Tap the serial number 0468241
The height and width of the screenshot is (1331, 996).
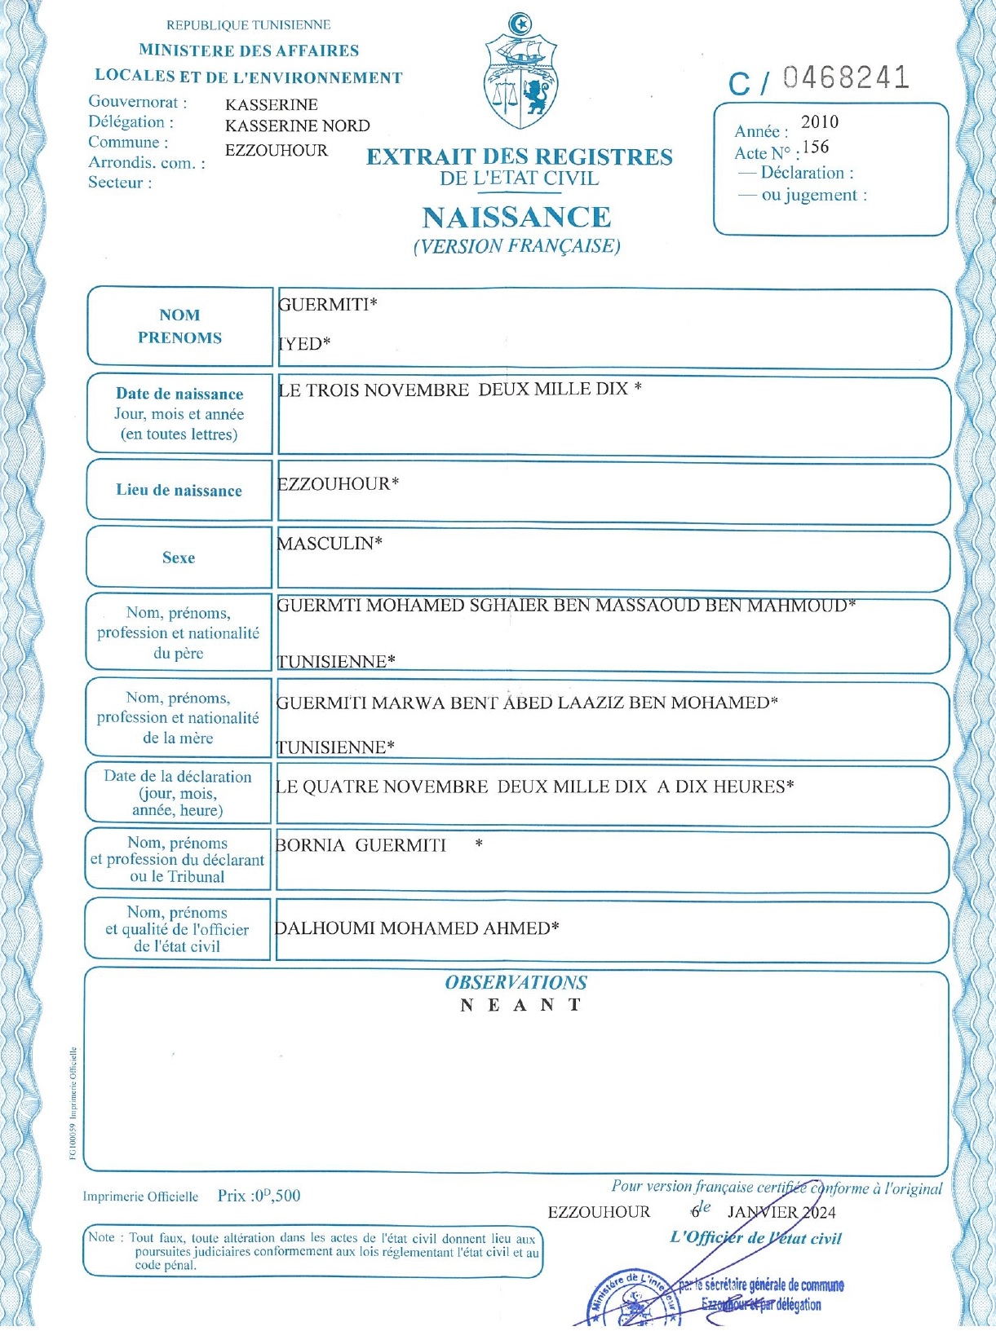tap(846, 78)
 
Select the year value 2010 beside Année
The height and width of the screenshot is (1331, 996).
tap(819, 122)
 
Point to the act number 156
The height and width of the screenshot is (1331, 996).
tap(816, 148)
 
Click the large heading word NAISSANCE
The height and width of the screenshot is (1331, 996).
tap(516, 218)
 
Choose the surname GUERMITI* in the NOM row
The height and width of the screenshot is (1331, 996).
tap(328, 305)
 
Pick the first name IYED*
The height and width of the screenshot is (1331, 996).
tap(304, 344)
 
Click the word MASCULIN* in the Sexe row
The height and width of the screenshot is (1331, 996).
tap(330, 544)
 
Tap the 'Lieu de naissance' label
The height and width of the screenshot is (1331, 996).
tap(179, 491)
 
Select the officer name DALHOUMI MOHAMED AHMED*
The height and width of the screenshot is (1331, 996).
tap(417, 928)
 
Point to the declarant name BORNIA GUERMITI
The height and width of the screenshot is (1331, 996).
tap(361, 845)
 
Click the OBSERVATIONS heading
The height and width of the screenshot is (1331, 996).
tap(516, 983)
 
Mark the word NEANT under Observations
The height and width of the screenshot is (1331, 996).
tap(520, 1005)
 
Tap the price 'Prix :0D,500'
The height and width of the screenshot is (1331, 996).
tap(259, 1196)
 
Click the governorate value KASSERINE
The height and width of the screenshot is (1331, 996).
tap(272, 105)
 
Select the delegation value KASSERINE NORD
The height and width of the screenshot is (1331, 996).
tap(298, 126)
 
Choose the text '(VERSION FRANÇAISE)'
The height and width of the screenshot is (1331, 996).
tap(516, 246)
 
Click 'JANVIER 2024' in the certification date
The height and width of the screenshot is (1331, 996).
tap(781, 1213)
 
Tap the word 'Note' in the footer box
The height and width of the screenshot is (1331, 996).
tap(102, 1237)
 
